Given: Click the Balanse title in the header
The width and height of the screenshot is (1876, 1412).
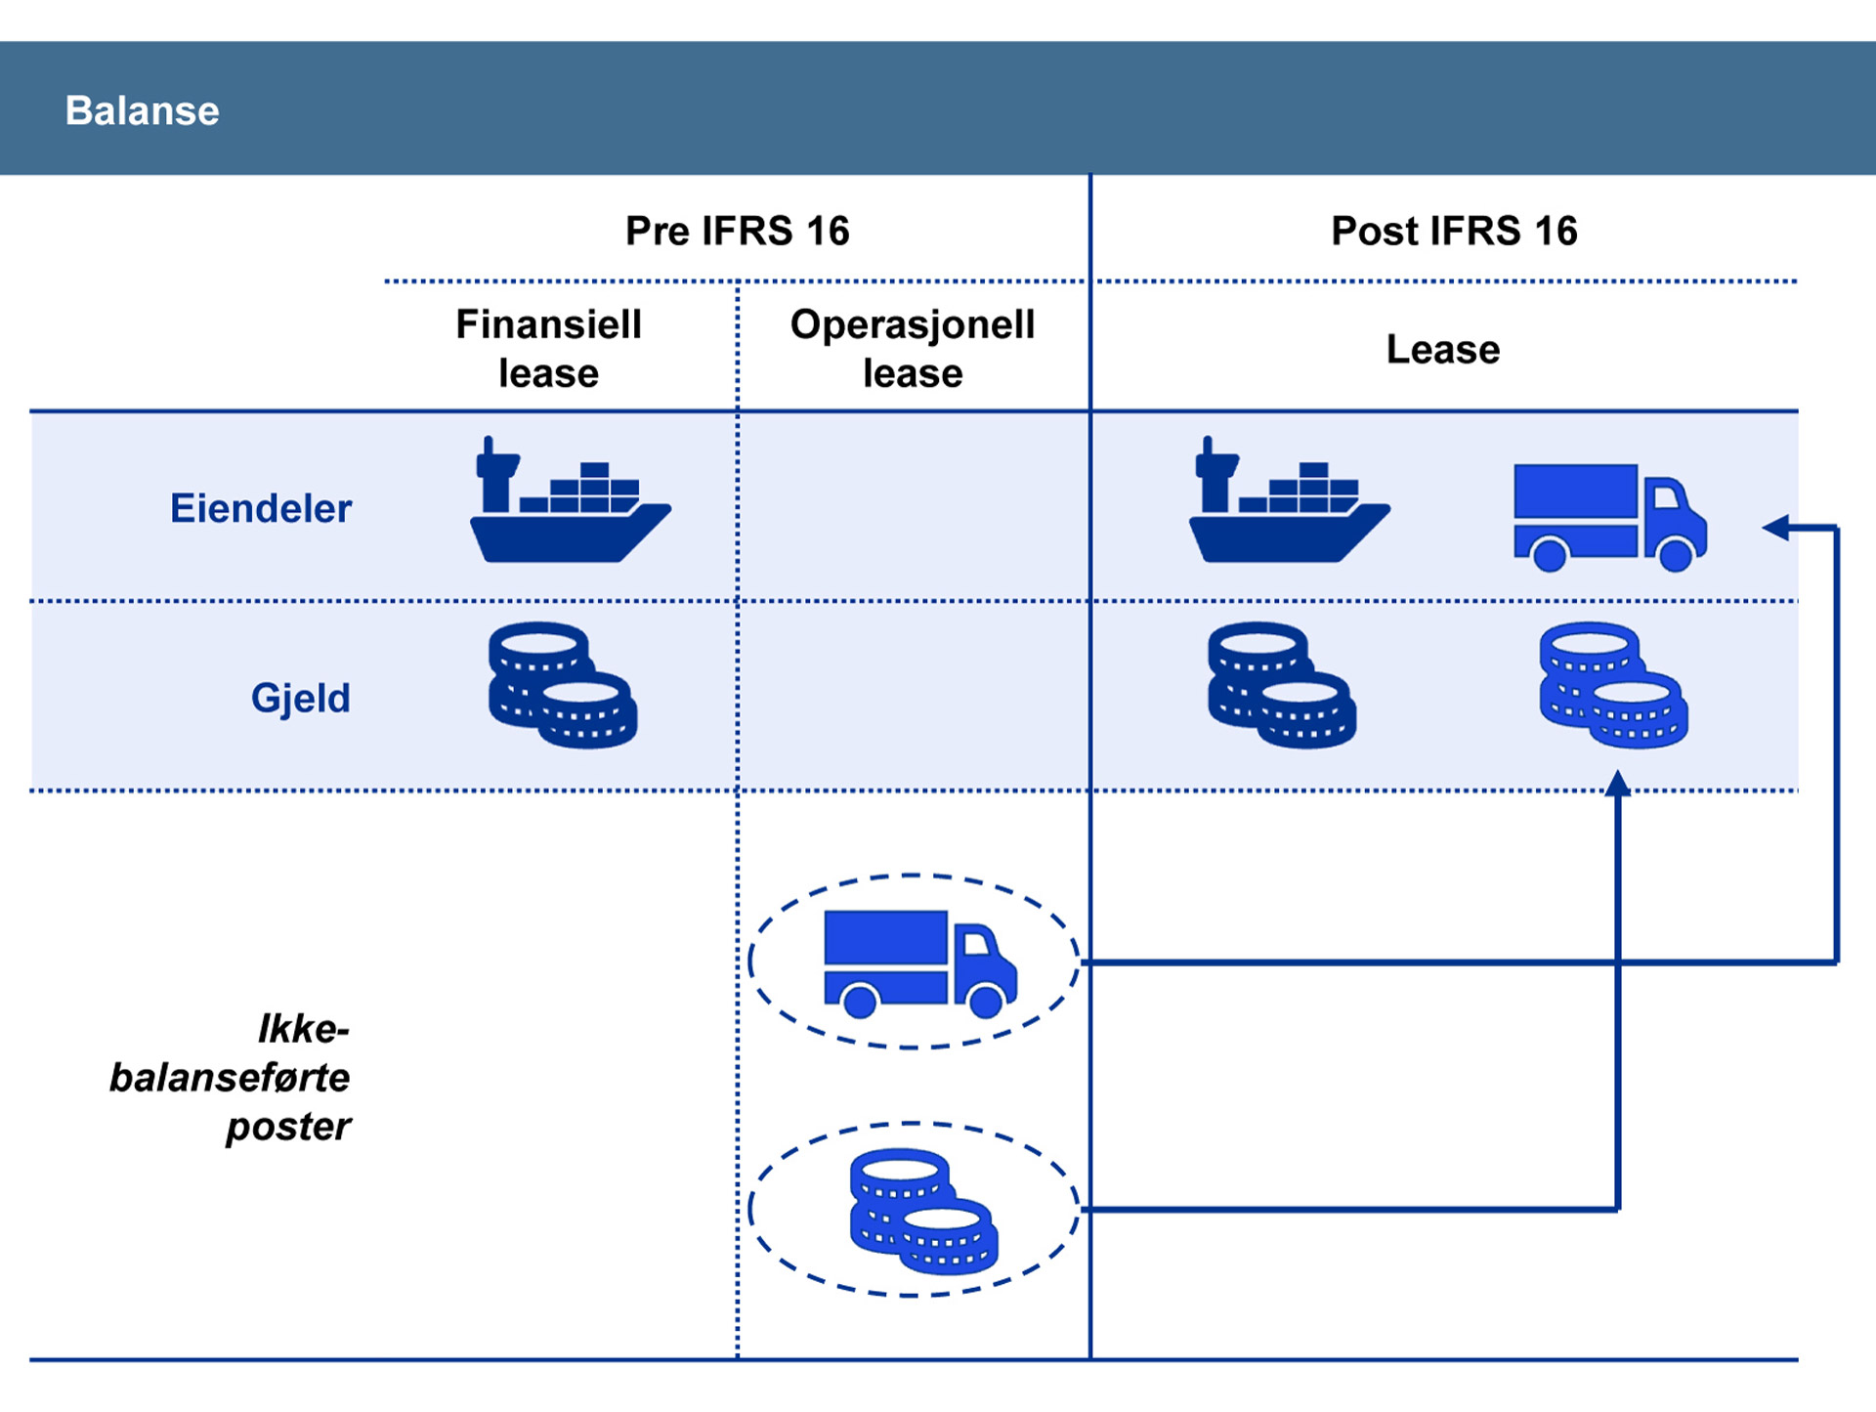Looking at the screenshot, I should (x=142, y=110).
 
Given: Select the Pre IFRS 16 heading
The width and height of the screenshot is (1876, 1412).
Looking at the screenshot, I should (x=737, y=232).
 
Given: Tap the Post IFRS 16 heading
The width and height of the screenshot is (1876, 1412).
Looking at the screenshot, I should (x=1454, y=232).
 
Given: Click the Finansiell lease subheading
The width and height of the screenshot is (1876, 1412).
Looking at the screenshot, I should (x=548, y=349).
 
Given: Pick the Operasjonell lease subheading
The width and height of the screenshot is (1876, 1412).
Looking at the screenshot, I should (x=913, y=349).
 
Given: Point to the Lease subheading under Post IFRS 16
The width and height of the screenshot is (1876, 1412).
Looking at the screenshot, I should (x=1442, y=350).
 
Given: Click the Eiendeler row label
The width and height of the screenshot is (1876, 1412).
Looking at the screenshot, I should (x=261, y=509).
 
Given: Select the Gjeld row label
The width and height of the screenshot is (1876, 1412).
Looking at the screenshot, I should (x=300, y=699).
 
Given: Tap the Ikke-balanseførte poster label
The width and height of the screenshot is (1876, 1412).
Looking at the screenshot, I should (x=231, y=1078).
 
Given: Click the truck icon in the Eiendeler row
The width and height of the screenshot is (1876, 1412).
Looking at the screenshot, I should (x=1609, y=516).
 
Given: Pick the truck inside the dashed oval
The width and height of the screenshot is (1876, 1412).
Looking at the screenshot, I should (x=919, y=963).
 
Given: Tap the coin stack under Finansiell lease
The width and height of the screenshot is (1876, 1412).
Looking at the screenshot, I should (x=562, y=685).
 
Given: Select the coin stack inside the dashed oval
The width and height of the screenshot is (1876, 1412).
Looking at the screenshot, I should (x=923, y=1211).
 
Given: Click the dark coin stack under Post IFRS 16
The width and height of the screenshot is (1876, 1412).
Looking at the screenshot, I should (x=1281, y=685).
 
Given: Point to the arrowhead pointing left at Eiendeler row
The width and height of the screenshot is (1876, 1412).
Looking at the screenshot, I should (x=1775, y=528).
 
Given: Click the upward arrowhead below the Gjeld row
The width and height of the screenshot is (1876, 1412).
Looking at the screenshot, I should (x=1618, y=783).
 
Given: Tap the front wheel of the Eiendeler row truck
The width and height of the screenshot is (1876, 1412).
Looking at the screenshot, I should (x=1676, y=555).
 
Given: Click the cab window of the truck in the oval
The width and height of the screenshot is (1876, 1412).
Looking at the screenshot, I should (x=977, y=943).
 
